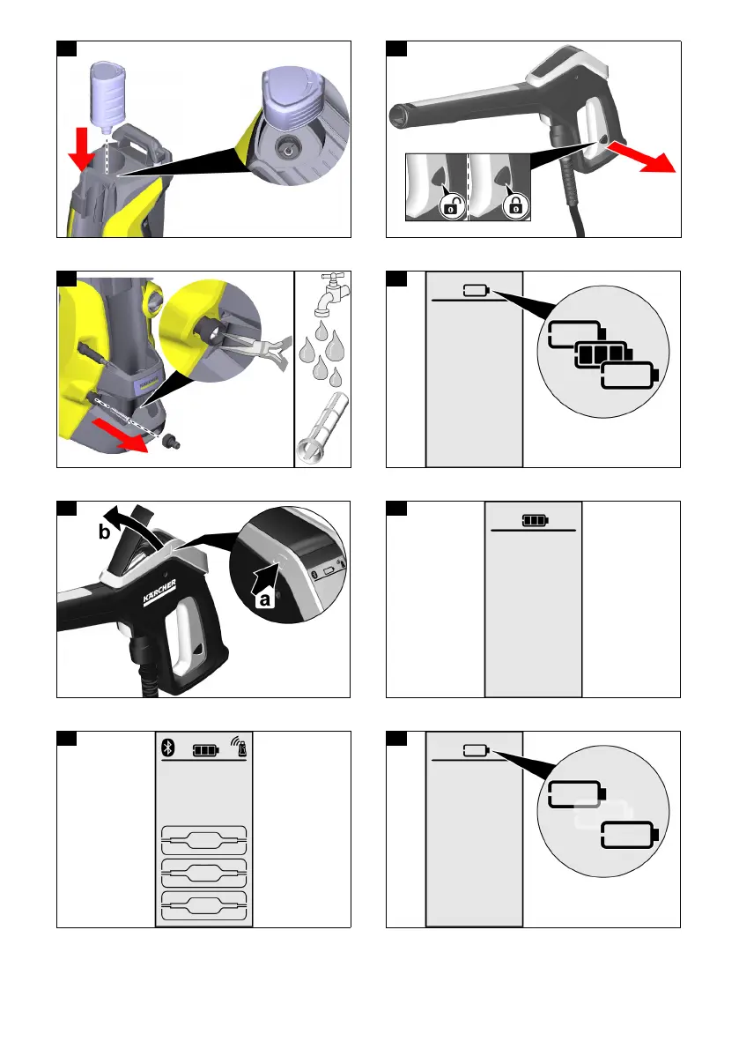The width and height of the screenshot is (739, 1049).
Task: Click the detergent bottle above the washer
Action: tap(109, 93)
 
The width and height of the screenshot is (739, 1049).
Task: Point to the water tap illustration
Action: tap(323, 294)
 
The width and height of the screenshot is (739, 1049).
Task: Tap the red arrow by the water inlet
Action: tap(119, 433)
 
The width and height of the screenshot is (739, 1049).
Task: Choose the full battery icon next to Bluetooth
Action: tap(204, 749)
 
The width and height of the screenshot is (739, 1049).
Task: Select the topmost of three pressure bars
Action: tap(203, 837)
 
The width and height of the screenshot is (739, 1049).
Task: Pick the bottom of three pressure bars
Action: tap(203, 903)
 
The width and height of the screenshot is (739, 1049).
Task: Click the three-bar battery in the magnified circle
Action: tap(599, 357)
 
